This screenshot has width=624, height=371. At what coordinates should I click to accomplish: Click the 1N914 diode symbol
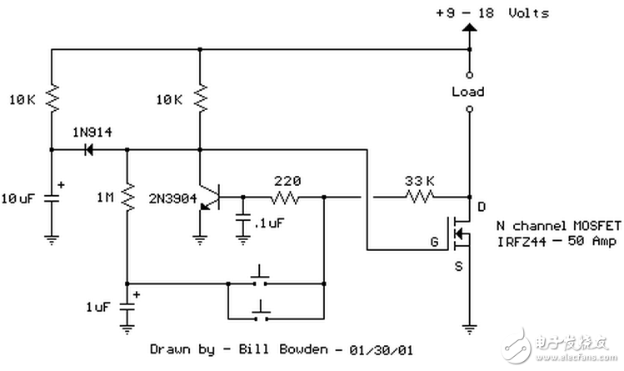point(87,151)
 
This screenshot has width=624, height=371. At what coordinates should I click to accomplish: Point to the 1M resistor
point(127,198)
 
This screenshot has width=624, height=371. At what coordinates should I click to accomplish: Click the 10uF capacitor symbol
point(52,199)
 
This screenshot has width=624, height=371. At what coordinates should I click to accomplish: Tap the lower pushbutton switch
point(262,313)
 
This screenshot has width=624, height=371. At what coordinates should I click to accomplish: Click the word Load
point(467,92)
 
